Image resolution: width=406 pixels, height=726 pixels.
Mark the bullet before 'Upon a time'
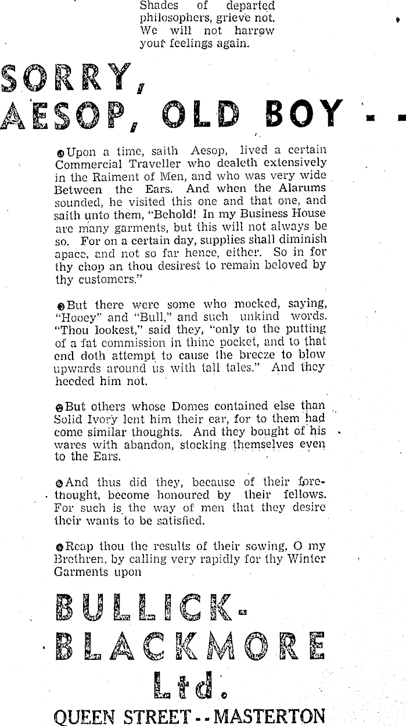click(x=61, y=153)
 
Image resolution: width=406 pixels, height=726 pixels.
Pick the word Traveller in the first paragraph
click(x=161, y=164)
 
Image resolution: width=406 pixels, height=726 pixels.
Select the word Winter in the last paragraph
click(x=304, y=559)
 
